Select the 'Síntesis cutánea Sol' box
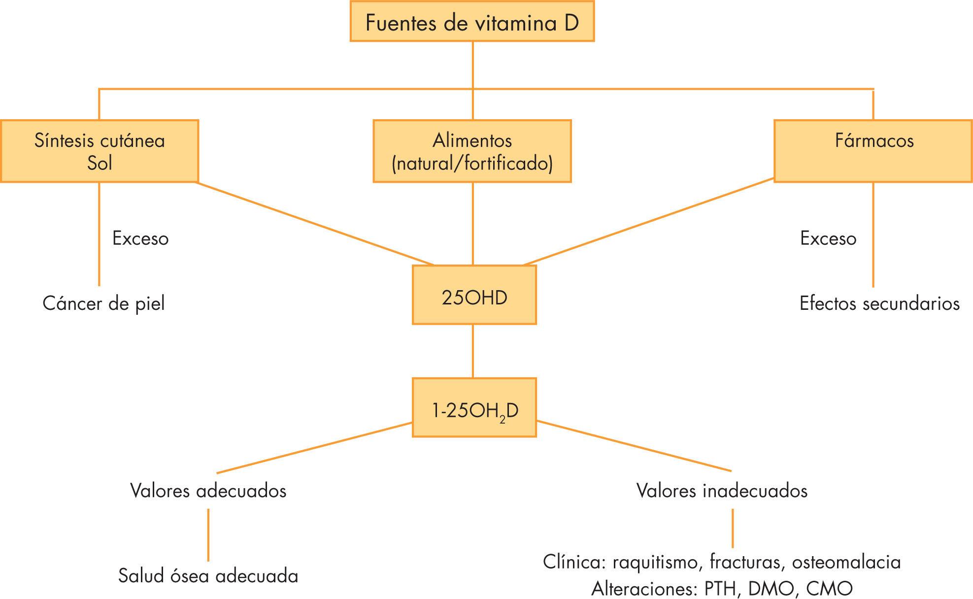(x=99, y=151)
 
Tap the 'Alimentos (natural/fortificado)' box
(x=472, y=151)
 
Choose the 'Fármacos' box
(x=873, y=151)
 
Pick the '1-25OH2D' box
(x=474, y=408)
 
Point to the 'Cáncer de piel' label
(x=103, y=303)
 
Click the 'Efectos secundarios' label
(x=879, y=303)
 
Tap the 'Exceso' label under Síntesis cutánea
(x=140, y=238)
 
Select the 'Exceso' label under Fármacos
(x=828, y=238)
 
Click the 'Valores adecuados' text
(x=208, y=491)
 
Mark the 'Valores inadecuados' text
(x=722, y=491)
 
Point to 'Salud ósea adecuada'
(x=208, y=576)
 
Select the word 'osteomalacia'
(x=846, y=562)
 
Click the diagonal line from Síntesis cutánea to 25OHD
(x=315, y=224)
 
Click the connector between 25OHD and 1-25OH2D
(x=473, y=351)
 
